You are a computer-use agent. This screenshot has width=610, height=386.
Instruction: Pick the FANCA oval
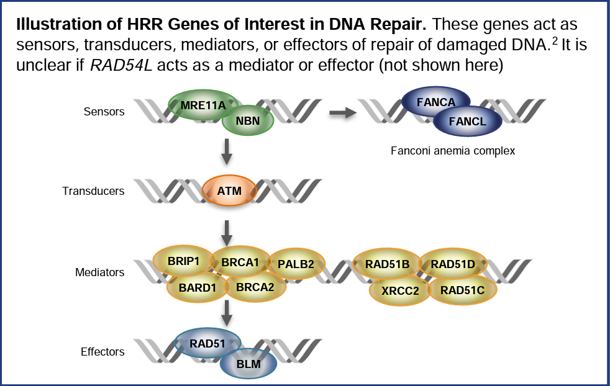(436, 102)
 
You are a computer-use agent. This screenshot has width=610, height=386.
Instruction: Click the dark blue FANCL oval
(468, 122)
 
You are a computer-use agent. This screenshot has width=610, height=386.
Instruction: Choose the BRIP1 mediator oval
(184, 261)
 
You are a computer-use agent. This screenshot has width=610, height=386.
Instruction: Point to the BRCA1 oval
(240, 262)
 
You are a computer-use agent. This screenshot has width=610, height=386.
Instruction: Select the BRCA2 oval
(255, 287)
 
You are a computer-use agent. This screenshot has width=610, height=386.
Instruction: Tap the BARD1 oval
(196, 287)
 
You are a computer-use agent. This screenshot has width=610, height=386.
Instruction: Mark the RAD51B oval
(387, 264)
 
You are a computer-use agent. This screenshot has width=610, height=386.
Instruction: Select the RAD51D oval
(453, 264)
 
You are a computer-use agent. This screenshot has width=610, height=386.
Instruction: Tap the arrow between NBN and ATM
(227, 151)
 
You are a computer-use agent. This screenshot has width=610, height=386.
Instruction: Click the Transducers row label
(93, 191)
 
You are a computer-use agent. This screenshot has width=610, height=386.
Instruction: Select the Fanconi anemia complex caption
(453, 151)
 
